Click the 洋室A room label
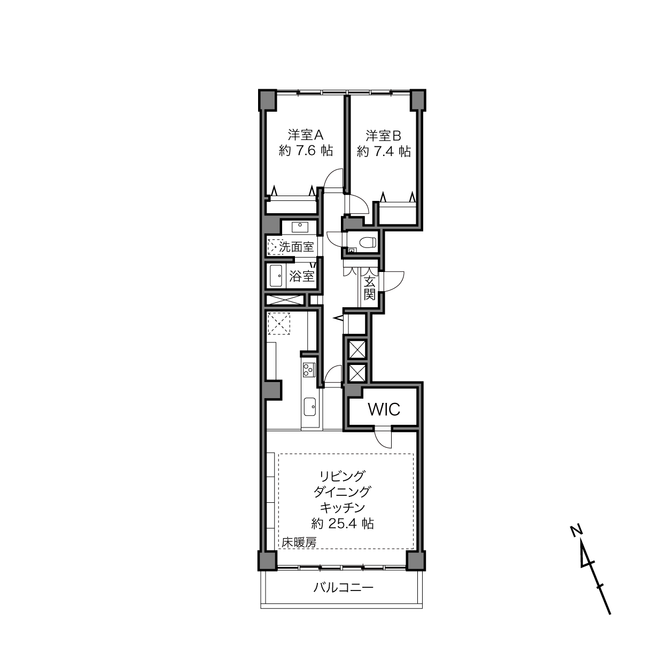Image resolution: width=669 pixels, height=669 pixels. pos(306,135)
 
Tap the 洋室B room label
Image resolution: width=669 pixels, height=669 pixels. pos(383,136)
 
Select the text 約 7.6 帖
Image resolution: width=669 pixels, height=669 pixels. pos(306,151)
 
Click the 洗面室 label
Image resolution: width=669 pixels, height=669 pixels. pos(297,247)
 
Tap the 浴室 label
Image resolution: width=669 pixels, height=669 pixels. pos(302,276)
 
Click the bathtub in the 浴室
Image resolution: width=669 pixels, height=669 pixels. pos(276,276)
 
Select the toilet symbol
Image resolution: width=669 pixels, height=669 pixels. pos(368,242)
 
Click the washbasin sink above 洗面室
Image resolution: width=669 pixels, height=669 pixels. pos(300,228)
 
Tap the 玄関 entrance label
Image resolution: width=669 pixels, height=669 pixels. pos(370,289)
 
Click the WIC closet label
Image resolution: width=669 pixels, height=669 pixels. pos(384,410)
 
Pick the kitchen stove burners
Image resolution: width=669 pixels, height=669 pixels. pos(309,370)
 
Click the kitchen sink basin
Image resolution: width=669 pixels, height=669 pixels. pos(310,407)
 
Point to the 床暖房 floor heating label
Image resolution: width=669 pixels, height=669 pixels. pos(299,542)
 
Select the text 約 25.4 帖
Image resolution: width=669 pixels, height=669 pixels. pos(343,524)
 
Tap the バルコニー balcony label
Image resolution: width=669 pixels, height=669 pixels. pos(344,587)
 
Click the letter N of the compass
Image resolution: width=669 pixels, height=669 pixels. pos(577,531)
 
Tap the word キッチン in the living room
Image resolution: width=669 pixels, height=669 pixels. pos(343,508)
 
